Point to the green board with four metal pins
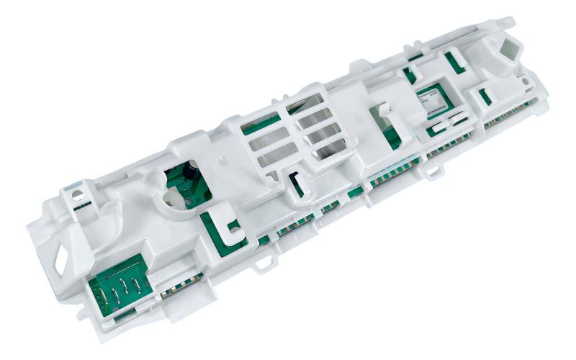pyautogui.click(x=118, y=287)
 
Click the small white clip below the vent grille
pyautogui.click(x=295, y=184)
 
